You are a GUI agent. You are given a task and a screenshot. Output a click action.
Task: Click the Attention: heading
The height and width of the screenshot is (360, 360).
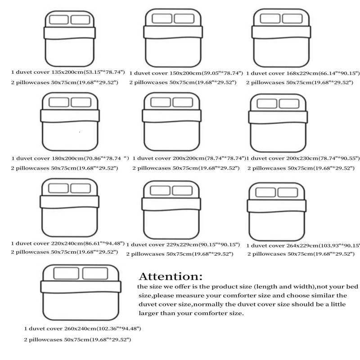click(x=171, y=276)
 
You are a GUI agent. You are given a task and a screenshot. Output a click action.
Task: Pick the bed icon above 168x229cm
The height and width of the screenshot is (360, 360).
click(x=281, y=38)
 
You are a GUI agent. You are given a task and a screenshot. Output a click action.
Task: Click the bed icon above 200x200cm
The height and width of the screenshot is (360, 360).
click(x=172, y=121)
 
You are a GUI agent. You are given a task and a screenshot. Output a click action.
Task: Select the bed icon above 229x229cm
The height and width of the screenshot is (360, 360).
click(x=173, y=207)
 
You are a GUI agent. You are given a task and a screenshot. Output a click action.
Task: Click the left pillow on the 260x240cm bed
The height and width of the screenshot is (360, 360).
click(x=67, y=273)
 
